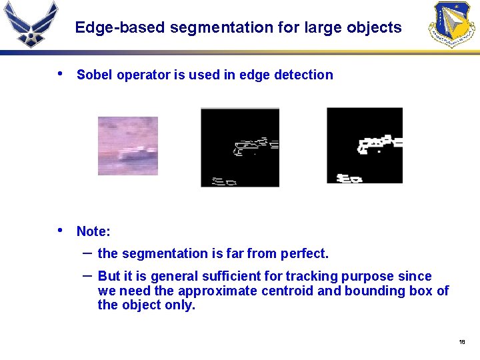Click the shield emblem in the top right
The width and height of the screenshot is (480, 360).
tap(453, 25)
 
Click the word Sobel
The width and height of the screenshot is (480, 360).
tap(95, 75)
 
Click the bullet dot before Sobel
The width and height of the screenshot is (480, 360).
tap(61, 74)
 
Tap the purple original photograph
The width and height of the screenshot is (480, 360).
tap(128, 146)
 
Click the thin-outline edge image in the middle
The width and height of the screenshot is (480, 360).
tap(240, 147)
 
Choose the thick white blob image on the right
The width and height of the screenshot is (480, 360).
tap(365, 145)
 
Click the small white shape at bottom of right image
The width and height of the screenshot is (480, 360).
tap(349, 179)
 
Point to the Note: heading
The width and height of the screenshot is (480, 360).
tap(93, 232)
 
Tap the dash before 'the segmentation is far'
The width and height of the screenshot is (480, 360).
tap(87, 253)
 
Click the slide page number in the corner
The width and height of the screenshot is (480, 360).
tap(462, 342)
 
